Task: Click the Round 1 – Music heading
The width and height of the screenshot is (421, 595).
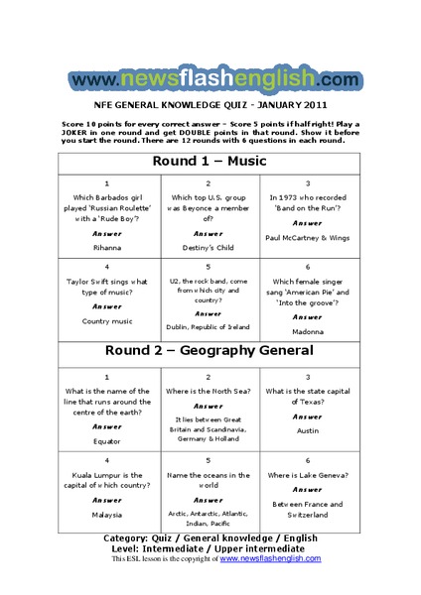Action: (210, 161)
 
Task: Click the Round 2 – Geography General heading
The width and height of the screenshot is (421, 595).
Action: (210, 351)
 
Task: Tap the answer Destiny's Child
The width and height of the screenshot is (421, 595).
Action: (209, 247)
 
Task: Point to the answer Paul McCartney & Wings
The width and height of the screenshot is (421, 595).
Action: (308, 238)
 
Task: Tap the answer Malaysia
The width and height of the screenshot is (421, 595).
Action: (106, 515)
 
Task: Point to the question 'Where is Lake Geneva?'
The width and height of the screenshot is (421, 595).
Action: (308, 475)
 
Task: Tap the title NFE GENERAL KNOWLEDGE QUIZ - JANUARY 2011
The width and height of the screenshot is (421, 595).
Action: (210, 102)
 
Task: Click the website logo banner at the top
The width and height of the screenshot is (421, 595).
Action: (210, 78)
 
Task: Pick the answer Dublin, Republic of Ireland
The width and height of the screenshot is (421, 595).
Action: (209, 325)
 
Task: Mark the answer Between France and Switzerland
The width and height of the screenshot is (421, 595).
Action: (308, 510)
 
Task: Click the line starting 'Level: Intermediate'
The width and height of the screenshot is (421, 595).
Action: (210, 548)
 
